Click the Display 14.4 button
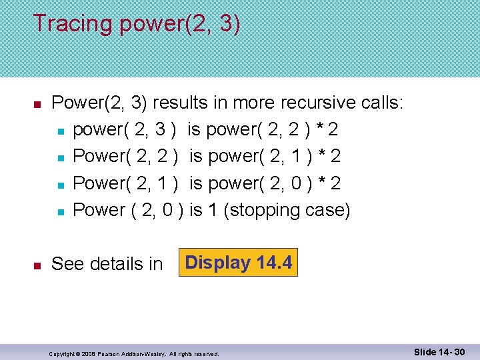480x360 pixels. pos(238,263)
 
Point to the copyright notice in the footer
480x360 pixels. pos(134,353)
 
